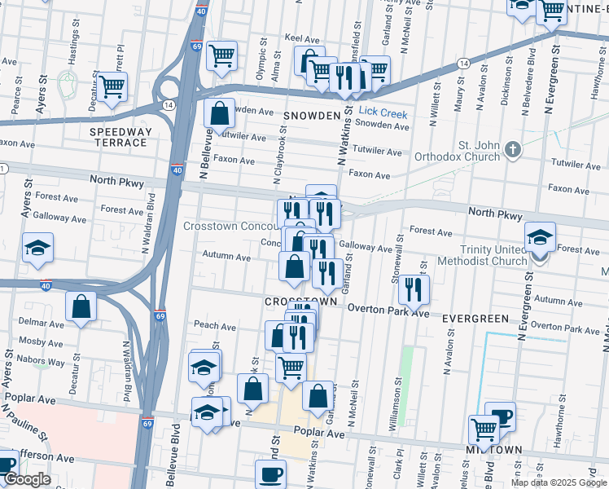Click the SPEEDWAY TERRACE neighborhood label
coord(119,137)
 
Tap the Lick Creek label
coord(383,114)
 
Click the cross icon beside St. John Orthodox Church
coord(512,149)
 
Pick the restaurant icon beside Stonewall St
coord(414,289)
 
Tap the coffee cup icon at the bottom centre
coord(270,473)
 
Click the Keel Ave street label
coord(301,38)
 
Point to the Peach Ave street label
coord(215,326)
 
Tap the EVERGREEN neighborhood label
coord(469,319)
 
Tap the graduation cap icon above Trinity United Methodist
coord(540,236)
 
